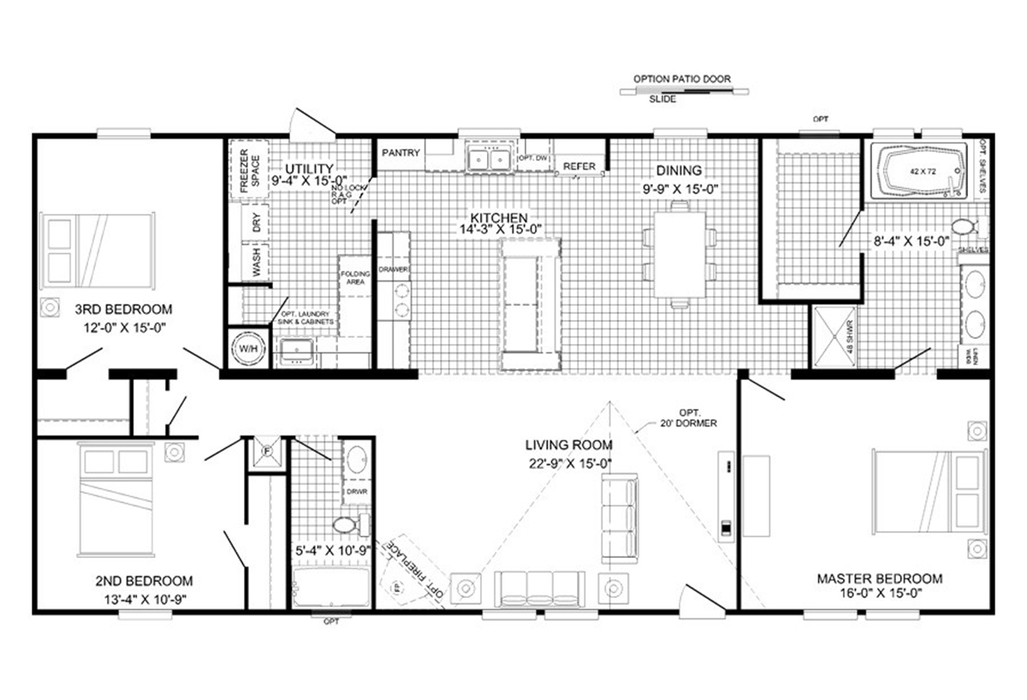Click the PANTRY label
401,153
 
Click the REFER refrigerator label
579,166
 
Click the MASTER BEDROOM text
879,578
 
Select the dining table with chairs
680,253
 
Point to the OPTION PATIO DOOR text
682,79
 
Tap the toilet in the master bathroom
964,227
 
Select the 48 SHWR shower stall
834,337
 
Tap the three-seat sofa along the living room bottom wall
539,589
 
